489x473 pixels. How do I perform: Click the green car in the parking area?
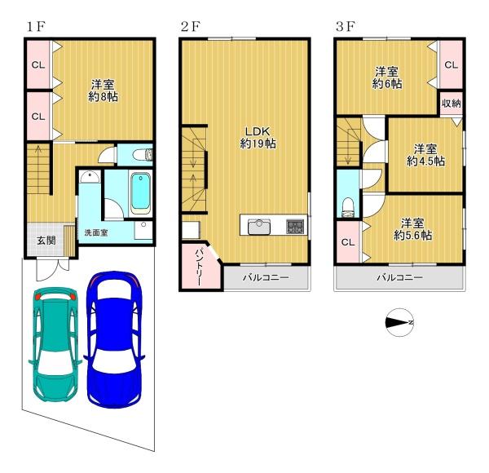55,344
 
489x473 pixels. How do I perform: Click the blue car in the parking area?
114,339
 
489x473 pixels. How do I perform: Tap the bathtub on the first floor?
140,193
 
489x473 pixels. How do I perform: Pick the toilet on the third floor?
348,208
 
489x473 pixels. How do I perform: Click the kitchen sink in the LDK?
259,227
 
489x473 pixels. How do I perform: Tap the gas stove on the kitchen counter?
295,227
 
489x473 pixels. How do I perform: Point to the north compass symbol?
399,323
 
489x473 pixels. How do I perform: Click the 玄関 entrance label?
46,241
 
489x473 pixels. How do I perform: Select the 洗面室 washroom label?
96,232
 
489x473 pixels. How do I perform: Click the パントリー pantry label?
199,267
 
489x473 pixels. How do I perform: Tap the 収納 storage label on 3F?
452,104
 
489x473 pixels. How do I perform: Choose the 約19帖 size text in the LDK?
258,144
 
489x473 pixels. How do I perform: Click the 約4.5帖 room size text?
425,161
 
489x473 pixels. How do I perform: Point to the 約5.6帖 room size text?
412,235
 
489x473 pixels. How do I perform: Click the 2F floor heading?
190,27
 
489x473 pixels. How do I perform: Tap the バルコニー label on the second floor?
266,277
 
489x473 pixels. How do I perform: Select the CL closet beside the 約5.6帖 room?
348,242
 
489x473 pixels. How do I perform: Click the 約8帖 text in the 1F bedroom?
103,97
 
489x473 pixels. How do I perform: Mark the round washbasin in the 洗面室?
90,177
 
